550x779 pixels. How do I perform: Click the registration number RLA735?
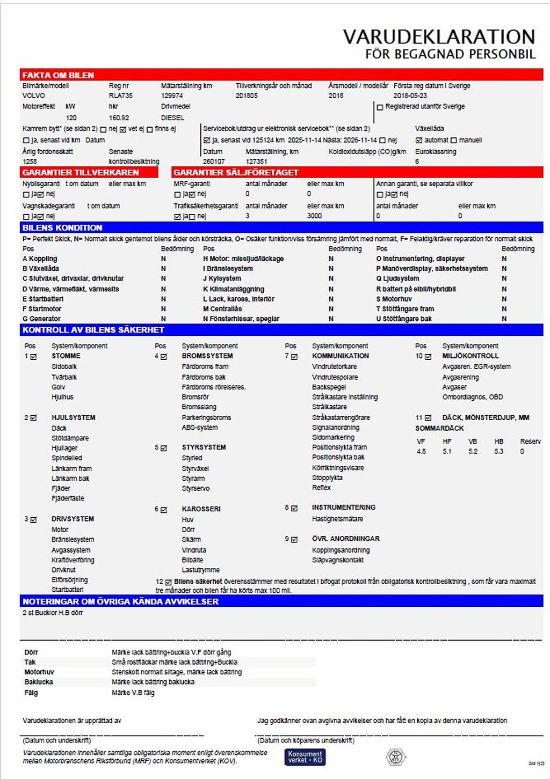120,95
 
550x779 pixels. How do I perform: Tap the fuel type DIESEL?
172,117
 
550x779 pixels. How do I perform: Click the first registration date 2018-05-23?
410,95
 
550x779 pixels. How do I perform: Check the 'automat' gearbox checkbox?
419,140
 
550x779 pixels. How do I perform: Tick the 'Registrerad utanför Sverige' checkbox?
380,107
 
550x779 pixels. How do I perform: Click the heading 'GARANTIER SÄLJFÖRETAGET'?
236,172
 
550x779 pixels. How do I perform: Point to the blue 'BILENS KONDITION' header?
62,227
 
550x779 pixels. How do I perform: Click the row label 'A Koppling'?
40,259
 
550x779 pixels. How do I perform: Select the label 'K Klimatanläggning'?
233,289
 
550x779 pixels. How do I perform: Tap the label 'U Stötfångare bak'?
404,319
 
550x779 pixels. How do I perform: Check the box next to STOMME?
34,356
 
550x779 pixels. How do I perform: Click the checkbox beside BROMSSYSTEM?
164,356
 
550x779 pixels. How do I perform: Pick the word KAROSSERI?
201,509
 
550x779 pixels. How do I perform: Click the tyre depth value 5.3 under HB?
499,451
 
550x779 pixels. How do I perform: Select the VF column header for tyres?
421,441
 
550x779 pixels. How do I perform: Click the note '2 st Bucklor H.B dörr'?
53,613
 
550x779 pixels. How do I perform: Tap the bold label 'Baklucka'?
38,682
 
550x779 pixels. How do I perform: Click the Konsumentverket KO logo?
305,756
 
